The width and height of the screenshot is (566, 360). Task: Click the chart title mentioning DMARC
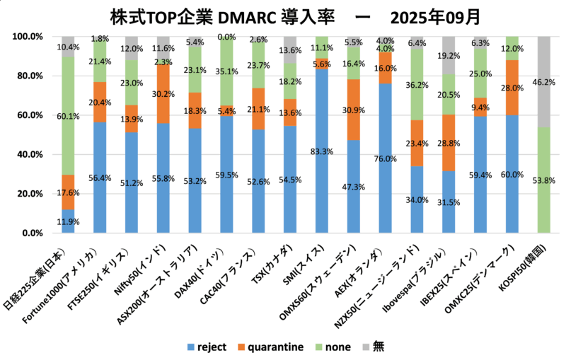[283, 16]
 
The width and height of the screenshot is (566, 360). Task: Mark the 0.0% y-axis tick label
[32, 233]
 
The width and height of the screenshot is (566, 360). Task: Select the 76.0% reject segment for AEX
[385, 158]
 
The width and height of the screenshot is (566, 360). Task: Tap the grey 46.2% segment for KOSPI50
[544, 82]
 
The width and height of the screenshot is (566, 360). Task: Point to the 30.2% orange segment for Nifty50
[163, 93]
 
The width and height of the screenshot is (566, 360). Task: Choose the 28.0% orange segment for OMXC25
[512, 88]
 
